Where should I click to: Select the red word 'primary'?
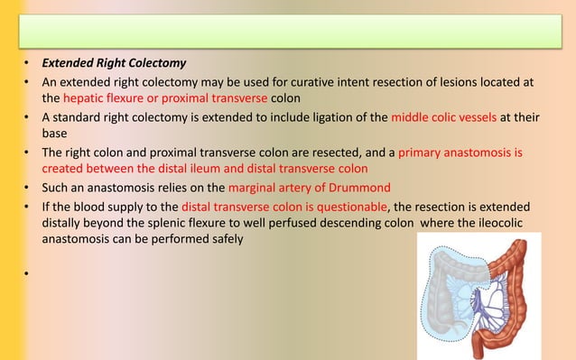pos(434,152)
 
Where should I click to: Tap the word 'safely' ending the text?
pos(223,240)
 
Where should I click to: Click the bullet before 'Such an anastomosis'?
pos(28,187)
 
